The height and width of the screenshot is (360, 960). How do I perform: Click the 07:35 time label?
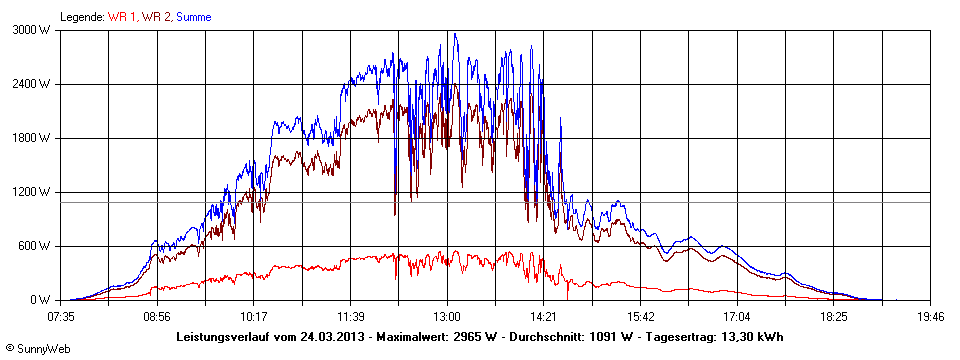coord(61,316)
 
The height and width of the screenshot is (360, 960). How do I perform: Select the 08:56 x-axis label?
coord(157,316)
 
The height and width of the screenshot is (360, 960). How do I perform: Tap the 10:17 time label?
coord(254,316)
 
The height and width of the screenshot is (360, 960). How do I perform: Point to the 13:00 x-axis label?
coord(447,316)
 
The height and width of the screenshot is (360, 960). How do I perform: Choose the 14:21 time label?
coord(543,316)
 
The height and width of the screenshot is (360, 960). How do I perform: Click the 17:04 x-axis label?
coord(736,316)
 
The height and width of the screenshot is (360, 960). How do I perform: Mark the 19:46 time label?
coord(930,316)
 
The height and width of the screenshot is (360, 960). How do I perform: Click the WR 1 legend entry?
coord(123,17)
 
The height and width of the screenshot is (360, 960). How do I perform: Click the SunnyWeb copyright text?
coord(31,348)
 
